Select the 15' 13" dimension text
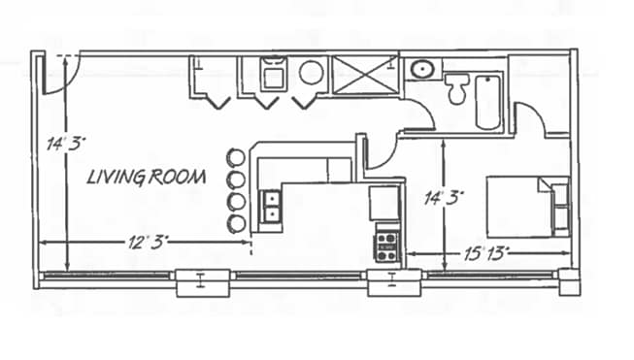(486, 253)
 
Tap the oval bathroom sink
(422, 69)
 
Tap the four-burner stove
(387, 244)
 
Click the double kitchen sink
(272, 205)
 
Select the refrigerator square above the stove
(384, 204)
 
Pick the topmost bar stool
(235, 157)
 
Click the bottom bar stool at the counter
(235, 225)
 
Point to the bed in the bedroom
(524, 205)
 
